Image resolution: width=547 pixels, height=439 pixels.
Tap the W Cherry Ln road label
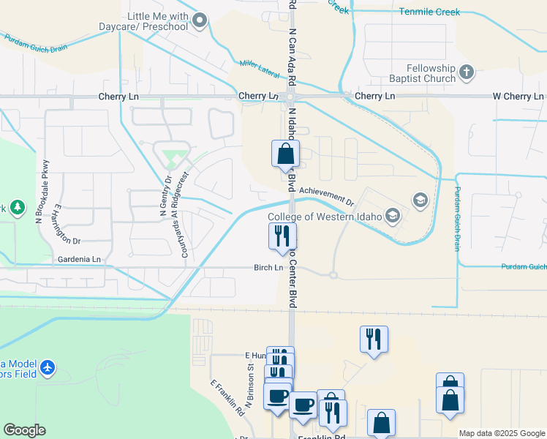coord(518,97)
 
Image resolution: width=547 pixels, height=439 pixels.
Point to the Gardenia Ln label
coord(80,260)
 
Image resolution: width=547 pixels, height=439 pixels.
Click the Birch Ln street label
coord(268,268)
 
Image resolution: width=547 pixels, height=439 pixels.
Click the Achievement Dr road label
coord(326,196)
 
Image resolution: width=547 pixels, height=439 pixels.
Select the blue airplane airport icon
coord(48,367)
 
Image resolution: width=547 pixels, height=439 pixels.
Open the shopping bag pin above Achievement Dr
coord(285,154)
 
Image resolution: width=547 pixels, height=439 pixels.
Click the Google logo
coord(24,430)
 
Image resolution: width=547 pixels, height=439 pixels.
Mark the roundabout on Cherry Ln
coord(290,97)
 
